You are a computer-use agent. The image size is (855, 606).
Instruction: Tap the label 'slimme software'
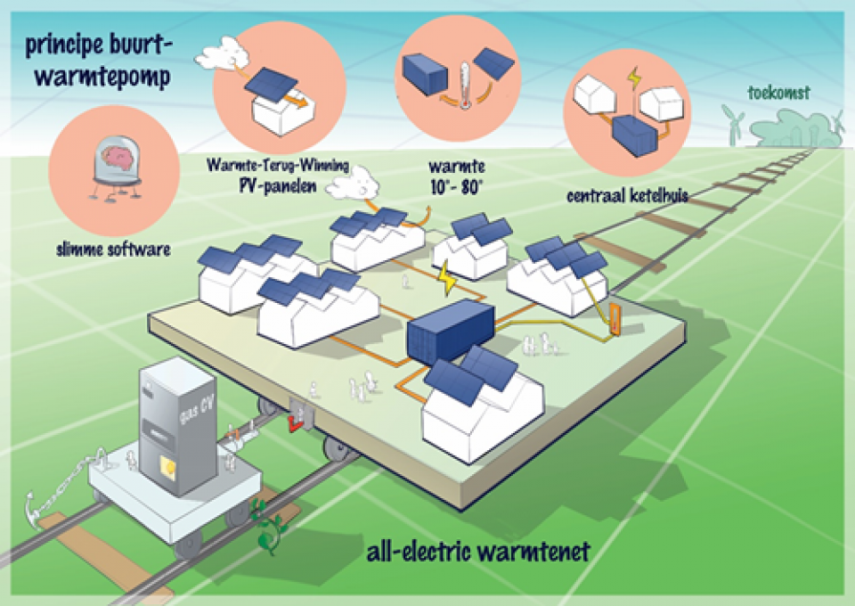(111, 250)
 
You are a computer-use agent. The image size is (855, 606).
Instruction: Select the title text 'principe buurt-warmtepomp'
(99, 60)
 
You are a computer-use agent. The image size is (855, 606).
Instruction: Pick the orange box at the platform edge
(615, 321)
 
